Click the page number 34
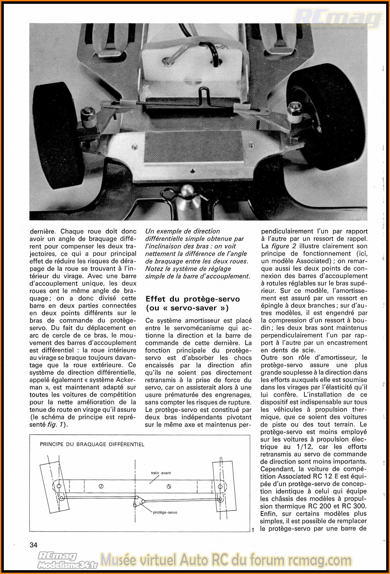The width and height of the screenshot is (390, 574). click(33, 545)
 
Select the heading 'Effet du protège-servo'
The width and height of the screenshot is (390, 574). click(192, 299)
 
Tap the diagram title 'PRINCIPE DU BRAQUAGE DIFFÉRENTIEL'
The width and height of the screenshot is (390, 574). click(92, 444)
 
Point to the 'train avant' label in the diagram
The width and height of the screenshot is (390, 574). click(161, 473)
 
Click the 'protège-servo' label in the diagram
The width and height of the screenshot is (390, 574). click(165, 512)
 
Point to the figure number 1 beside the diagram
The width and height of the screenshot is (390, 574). click(253, 530)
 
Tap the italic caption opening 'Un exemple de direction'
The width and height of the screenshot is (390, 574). click(183, 231)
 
